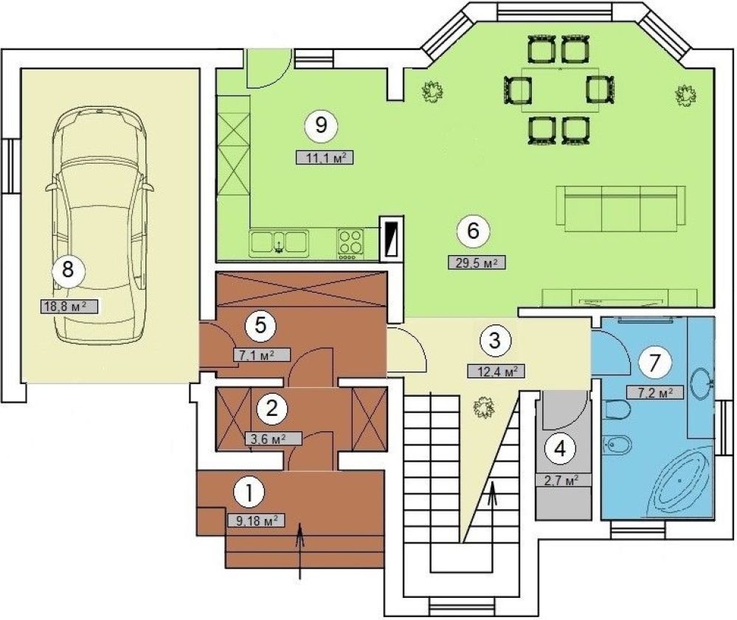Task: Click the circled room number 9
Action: pyautogui.click(x=321, y=125)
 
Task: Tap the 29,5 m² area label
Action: pyautogui.click(x=477, y=262)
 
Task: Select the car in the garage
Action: pyautogui.click(x=100, y=226)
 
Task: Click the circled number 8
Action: pyautogui.click(x=68, y=270)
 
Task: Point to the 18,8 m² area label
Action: pyautogui.click(x=69, y=307)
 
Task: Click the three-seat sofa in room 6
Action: pyautogui.click(x=620, y=209)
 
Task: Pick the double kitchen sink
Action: pyautogui.click(x=279, y=243)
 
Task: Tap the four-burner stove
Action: pyautogui.click(x=350, y=244)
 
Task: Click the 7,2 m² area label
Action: pyautogui.click(x=655, y=392)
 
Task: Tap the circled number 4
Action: pyautogui.click(x=560, y=449)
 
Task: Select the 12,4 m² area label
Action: pyautogui.click(x=496, y=372)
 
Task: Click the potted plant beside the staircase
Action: pyautogui.click(x=482, y=407)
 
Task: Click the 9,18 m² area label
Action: pyautogui.click(x=257, y=520)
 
